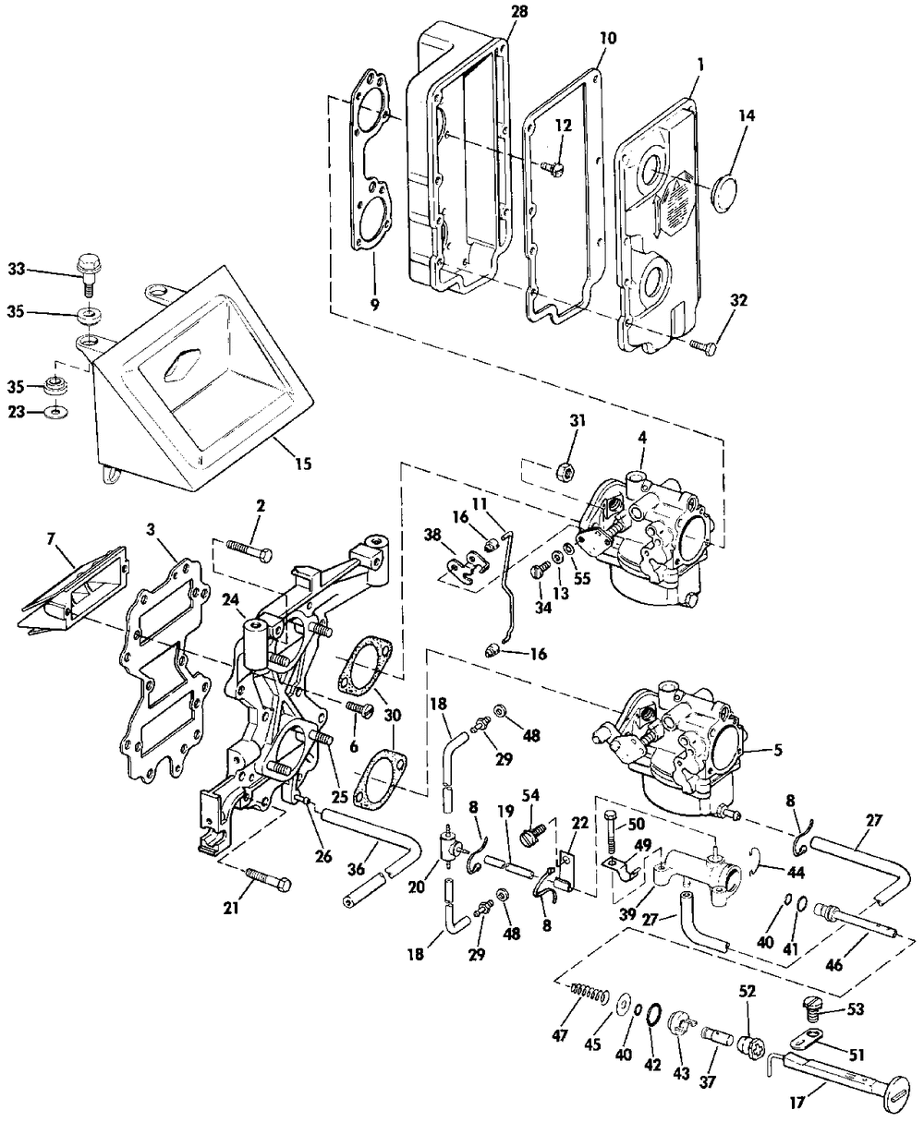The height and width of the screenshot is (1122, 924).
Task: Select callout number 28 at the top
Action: pos(519,12)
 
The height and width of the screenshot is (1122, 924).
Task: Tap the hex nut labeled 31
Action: pos(565,470)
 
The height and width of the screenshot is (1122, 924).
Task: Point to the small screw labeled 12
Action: pos(552,167)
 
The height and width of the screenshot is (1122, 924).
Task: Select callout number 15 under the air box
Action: pos(303,464)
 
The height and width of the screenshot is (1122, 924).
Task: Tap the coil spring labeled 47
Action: pos(590,991)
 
